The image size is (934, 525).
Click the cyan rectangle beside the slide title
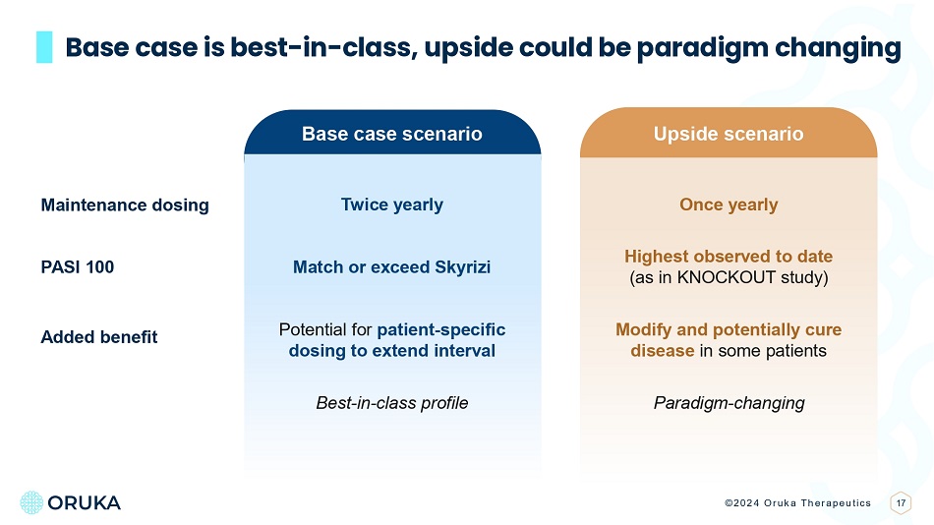[x=44, y=47]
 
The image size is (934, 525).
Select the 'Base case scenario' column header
[x=392, y=134]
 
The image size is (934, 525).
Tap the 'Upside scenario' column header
[x=729, y=134]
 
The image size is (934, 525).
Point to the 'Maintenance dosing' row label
[x=125, y=205]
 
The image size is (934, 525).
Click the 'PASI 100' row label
[x=78, y=267]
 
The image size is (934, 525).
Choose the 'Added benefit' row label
[x=99, y=337]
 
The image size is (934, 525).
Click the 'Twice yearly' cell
[x=392, y=205]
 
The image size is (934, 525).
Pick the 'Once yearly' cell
[x=729, y=205]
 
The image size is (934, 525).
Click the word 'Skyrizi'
[x=463, y=267]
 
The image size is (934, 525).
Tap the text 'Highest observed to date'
[x=729, y=257]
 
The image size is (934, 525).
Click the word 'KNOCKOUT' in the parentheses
[x=718, y=277]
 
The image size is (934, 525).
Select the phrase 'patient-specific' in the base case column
[x=441, y=329]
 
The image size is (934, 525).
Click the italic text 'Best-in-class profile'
[x=392, y=403]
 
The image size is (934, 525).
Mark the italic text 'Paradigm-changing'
[x=730, y=403]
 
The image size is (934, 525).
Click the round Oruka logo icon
[x=31, y=502]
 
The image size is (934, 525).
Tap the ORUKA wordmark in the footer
[x=84, y=503]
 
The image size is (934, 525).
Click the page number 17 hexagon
[x=902, y=503]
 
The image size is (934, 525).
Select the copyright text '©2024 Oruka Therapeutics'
[x=797, y=503]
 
